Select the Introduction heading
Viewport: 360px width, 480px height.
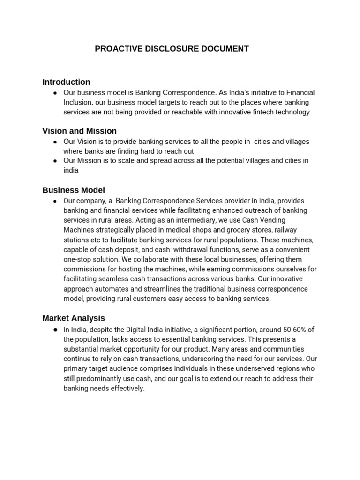click(66, 82)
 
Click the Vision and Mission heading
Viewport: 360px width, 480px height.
click(79, 131)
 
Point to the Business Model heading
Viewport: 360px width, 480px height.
click(74, 190)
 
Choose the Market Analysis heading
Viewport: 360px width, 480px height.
click(74, 318)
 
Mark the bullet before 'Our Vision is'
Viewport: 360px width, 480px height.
click(55, 142)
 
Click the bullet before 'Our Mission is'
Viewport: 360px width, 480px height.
click(55, 161)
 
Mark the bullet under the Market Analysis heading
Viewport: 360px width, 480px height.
click(55, 330)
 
